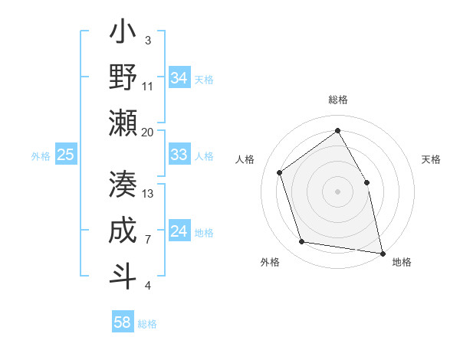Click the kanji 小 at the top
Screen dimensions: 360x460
123,34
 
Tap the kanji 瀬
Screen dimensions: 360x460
123,123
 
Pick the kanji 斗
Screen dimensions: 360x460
123,276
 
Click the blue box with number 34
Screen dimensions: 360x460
179,77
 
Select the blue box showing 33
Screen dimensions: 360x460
179,155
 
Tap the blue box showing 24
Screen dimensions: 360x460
179,231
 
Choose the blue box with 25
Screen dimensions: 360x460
65,155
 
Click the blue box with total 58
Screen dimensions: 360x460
123,322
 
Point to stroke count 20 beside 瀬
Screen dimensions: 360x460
148,132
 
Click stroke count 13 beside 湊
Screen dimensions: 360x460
148,193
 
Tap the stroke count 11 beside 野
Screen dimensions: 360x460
148,86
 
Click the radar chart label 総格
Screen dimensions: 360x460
337,100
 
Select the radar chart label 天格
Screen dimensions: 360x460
432,159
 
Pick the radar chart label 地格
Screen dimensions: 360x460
402,262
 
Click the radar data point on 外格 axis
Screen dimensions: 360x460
302,242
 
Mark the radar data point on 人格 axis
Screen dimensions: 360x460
280,172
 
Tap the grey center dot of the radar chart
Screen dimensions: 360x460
337,191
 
